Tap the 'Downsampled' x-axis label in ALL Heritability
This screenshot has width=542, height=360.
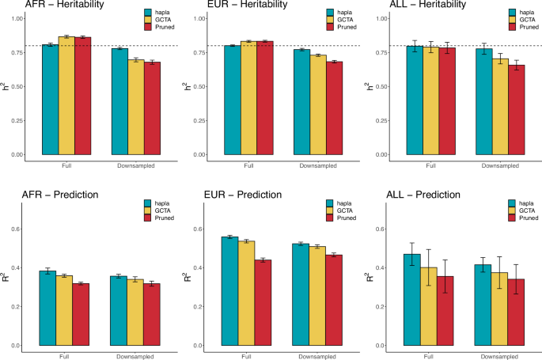[x=498, y=166]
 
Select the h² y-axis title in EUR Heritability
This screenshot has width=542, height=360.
[x=188, y=86]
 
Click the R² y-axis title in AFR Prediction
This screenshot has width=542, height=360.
[x=6, y=278]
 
